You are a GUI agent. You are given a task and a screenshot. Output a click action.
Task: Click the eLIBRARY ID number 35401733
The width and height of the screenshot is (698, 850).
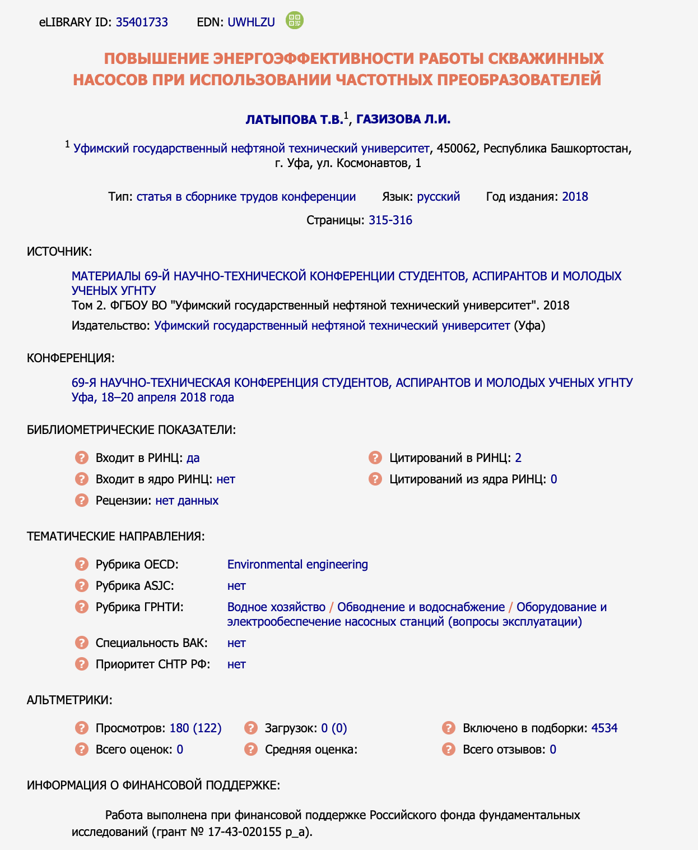142,22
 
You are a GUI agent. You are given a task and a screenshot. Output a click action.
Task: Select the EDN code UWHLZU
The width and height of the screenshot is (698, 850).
251,22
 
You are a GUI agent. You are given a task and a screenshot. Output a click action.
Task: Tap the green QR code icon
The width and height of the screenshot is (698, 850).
295,21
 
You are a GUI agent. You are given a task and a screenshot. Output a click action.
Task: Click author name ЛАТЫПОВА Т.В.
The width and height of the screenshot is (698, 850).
294,119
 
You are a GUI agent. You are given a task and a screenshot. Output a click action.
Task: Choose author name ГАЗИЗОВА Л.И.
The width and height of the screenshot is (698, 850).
403,119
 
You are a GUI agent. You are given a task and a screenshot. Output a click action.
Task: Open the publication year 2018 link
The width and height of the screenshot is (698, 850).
575,197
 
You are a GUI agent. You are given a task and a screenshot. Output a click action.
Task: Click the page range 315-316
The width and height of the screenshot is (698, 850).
390,220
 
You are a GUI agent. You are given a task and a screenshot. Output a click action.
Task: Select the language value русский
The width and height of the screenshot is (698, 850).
439,197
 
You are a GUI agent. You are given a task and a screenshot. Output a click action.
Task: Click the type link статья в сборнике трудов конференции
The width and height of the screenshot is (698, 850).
246,197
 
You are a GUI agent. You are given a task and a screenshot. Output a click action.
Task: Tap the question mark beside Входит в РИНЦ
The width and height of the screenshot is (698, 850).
82,458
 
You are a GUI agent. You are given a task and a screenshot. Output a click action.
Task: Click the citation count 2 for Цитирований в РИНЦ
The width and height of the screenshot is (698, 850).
518,458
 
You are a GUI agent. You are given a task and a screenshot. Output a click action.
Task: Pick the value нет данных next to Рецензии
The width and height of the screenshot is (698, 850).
187,501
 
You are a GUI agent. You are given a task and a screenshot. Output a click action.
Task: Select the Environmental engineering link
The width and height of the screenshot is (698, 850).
297,565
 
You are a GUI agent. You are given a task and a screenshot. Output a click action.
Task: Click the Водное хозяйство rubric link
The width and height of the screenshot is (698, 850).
276,607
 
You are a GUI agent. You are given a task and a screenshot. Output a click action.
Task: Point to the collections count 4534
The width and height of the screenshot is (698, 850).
604,728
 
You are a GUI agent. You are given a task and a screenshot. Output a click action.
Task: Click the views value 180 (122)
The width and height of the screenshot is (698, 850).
196,728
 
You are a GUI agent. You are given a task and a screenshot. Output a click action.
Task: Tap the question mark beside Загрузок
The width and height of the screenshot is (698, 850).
250,728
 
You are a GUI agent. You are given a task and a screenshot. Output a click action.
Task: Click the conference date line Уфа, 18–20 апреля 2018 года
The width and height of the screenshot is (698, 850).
153,398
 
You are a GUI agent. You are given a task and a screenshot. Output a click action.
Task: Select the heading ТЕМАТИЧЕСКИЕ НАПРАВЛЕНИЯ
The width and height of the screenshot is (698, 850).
116,537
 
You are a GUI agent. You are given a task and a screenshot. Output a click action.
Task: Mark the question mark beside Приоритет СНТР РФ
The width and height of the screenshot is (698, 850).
82,664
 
